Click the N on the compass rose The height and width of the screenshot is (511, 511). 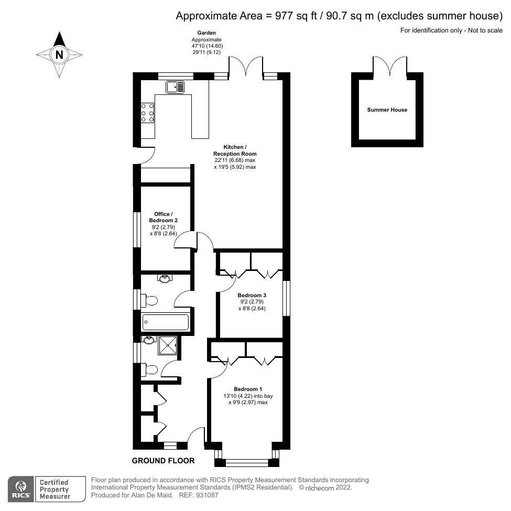[59, 54]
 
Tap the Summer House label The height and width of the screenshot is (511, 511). [387, 110]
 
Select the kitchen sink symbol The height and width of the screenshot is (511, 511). [175, 86]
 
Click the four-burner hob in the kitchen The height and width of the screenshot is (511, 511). [147, 112]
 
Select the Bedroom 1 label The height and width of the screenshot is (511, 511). [248, 389]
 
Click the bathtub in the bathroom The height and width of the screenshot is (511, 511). [165, 322]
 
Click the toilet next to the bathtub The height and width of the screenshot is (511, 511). [149, 301]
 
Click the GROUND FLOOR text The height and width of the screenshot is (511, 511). [163, 461]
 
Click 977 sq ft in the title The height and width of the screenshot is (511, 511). [288, 16]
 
